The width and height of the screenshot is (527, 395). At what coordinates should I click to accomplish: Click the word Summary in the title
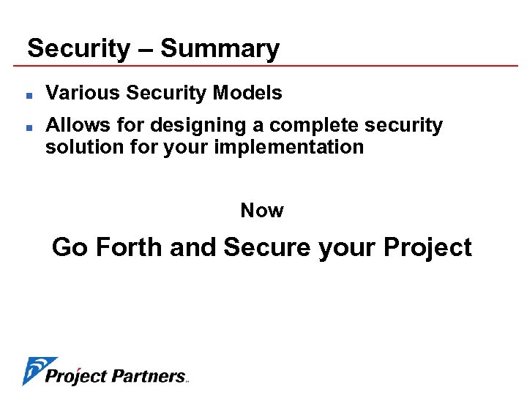point(220,49)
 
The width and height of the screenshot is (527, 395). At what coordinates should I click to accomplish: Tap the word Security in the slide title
point(78,49)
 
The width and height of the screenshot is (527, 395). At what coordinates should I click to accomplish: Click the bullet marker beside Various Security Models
point(27,94)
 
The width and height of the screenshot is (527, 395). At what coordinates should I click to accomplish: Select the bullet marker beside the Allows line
point(27,127)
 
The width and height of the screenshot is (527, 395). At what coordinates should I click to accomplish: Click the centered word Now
point(262,211)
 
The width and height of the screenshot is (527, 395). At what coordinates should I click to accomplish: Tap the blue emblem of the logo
point(37,369)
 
